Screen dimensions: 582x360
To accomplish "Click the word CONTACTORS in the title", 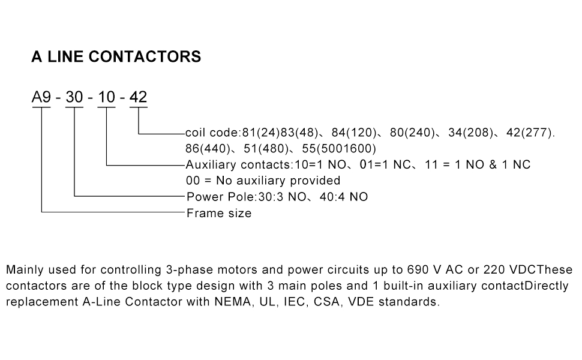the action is (145, 57).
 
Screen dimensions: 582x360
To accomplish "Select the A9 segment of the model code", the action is (41, 97).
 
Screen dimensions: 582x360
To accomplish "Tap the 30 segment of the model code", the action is (74, 97).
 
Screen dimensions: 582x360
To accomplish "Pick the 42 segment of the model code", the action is (139, 97).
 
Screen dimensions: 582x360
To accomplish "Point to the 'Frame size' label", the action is (219, 213).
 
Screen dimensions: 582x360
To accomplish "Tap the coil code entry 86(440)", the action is (208, 148).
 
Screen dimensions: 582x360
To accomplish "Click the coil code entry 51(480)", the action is (266, 148).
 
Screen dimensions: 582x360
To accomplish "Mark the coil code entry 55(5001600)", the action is (339, 148).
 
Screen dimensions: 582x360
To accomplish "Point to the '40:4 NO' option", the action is (344, 197).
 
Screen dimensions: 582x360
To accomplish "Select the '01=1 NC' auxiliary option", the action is (385, 164).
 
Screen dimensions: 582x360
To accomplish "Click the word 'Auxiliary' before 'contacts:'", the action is (211, 164).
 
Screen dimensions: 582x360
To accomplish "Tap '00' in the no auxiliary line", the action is (193, 181).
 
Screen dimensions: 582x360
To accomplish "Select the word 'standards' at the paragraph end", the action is (407, 301).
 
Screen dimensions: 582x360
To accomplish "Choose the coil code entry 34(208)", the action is (470, 133).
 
